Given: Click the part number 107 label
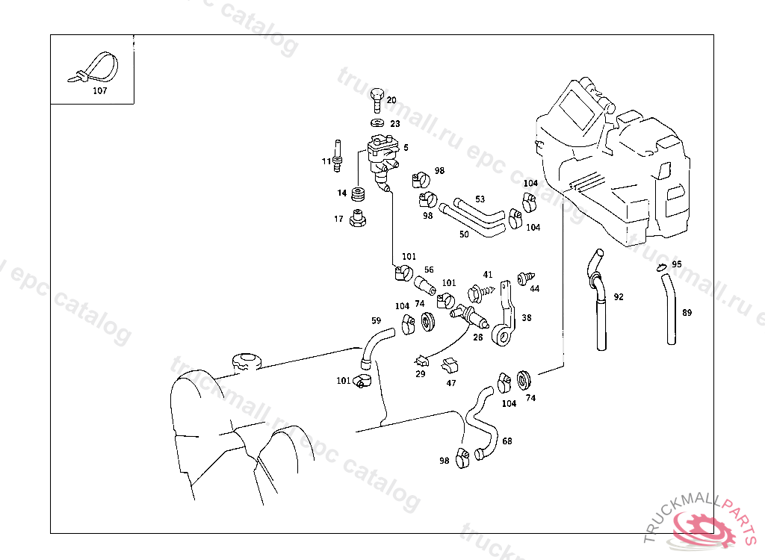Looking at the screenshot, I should click(x=100, y=90).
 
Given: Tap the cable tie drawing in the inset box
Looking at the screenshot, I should click(x=97, y=68).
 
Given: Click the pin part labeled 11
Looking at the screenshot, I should click(x=338, y=153).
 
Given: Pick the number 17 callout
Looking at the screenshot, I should click(x=338, y=219).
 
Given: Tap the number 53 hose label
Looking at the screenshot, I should click(x=480, y=199).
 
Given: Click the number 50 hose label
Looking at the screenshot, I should click(x=464, y=234).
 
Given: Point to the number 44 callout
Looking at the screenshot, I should click(x=534, y=287).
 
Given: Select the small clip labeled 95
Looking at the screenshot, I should click(x=660, y=267).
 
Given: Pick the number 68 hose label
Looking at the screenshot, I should click(x=507, y=441).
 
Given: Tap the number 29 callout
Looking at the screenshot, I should click(x=420, y=373).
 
